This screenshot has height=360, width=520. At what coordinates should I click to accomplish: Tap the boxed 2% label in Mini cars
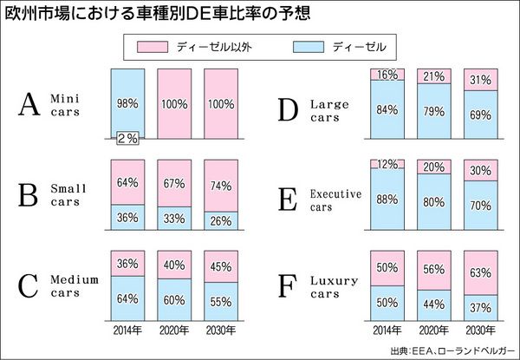[x=127, y=138]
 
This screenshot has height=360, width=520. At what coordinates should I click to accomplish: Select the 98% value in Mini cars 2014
[x=127, y=103]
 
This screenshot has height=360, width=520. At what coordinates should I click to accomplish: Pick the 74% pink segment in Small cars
[x=220, y=184]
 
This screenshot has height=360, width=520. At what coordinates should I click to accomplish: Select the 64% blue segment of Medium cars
[x=127, y=299]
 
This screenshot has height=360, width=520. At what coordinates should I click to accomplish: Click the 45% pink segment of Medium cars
[x=220, y=265]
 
